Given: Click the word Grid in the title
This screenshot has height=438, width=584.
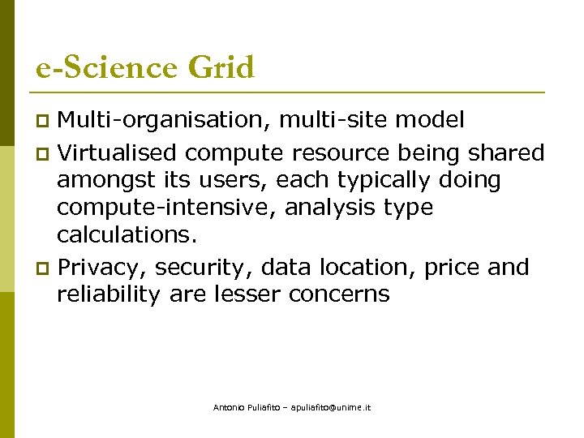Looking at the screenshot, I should (x=221, y=67).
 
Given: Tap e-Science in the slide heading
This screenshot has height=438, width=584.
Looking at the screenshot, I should (x=107, y=67).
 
